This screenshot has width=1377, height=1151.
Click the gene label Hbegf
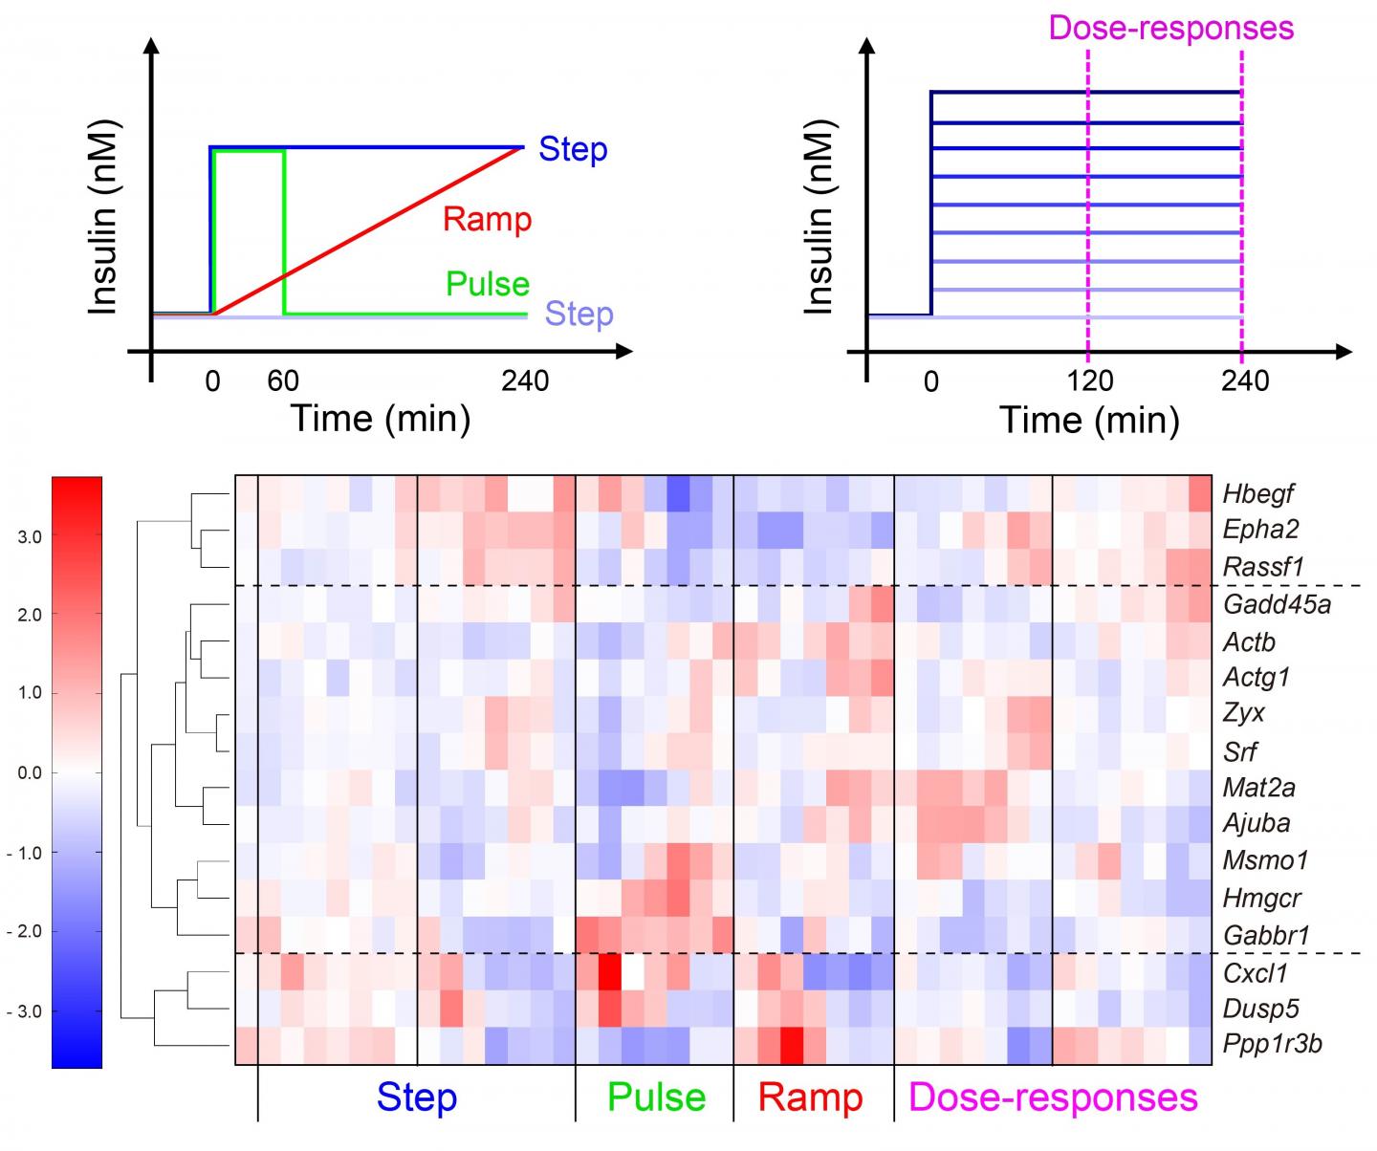click(x=1257, y=493)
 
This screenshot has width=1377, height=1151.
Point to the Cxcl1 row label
click(x=1256, y=972)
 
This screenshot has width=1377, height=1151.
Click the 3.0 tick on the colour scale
click(x=30, y=537)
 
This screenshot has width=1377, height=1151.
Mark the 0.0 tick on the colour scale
click(x=30, y=772)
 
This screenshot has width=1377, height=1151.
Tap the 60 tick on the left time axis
click(x=283, y=381)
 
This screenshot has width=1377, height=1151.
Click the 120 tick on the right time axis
click(x=1090, y=381)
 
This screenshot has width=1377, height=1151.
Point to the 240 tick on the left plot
click(x=525, y=381)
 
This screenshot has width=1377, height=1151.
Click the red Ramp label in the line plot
click(x=487, y=219)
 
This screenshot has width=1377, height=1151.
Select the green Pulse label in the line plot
click(x=487, y=284)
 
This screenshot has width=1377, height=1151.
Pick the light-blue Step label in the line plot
click(x=579, y=314)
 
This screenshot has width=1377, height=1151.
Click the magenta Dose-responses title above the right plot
click(x=1170, y=27)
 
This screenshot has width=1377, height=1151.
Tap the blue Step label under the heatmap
click(x=416, y=1097)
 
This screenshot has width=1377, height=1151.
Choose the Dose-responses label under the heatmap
click(x=1053, y=1097)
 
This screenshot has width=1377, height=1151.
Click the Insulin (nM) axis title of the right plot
click(x=820, y=216)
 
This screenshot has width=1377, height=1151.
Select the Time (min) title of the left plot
click(x=381, y=419)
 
